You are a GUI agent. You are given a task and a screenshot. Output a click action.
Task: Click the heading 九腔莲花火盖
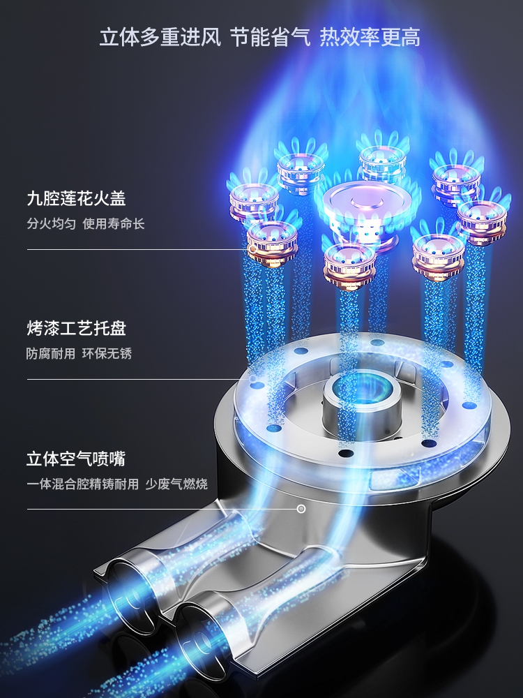(x=76, y=199)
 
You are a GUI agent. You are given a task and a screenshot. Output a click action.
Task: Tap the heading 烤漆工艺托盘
(x=76, y=329)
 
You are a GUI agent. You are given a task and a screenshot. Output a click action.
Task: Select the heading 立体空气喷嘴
(x=76, y=459)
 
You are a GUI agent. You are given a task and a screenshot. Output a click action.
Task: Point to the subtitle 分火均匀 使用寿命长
(x=86, y=224)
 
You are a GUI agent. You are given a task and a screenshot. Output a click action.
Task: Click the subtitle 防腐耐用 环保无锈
(x=79, y=353)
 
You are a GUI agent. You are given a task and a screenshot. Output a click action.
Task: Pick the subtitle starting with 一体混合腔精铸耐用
(x=83, y=484)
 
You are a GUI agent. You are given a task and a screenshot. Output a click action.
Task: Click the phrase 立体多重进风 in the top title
(x=160, y=37)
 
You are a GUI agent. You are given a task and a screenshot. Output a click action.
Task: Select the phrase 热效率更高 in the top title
(x=370, y=37)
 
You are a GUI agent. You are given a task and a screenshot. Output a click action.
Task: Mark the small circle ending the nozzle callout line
(x=301, y=509)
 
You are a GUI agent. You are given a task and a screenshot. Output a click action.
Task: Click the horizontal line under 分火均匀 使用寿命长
(x=132, y=249)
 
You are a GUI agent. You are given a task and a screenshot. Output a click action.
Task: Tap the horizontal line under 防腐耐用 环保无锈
(x=132, y=379)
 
